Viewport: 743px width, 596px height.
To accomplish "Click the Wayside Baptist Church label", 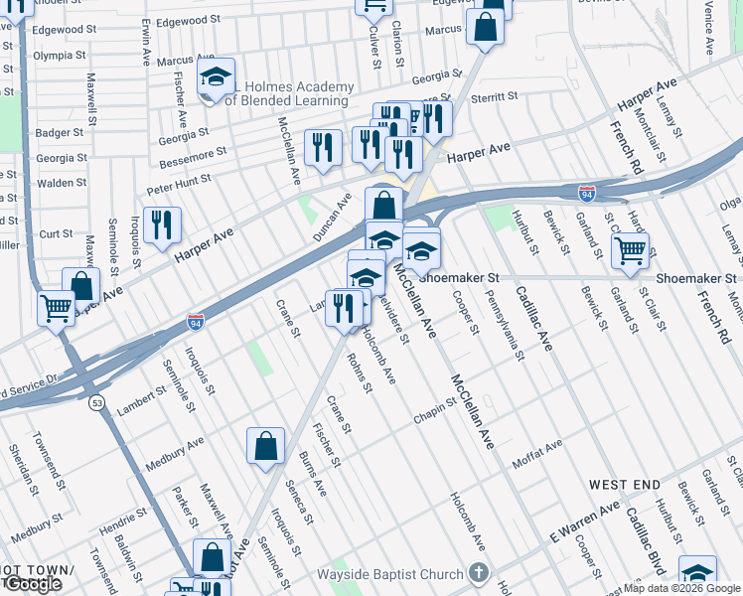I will coord(389,574).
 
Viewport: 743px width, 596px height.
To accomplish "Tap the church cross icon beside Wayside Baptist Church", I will coord(479,573).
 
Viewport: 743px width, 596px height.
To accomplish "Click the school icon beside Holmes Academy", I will coord(214,78).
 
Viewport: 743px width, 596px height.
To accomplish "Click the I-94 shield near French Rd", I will coord(587,194).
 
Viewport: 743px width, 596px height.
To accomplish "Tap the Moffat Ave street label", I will coord(537,455).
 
